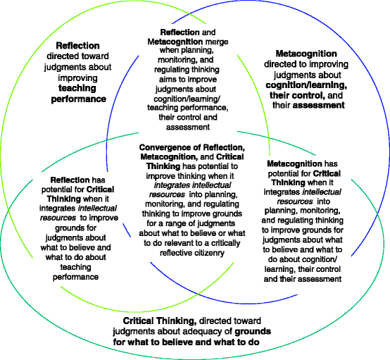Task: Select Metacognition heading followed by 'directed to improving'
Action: pyautogui.click(x=306, y=53)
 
